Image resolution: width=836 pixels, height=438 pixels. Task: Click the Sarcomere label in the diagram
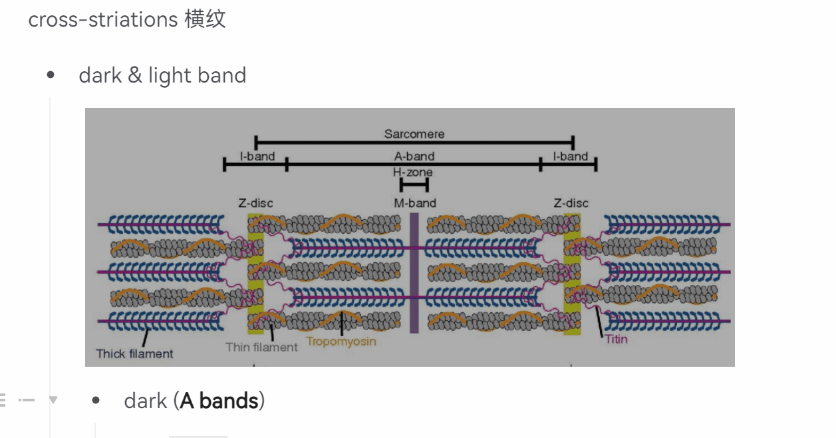coord(414,134)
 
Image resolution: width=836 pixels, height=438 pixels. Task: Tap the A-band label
coord(414,156)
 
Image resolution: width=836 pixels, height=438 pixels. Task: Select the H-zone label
coord(412,172)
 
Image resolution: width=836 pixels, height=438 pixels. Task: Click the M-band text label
coord(415,203)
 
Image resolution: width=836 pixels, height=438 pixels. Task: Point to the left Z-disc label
coord(255,203)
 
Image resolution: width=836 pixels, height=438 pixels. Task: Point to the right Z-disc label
coord(571,203)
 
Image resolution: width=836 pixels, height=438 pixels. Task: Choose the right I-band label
coord(571,156)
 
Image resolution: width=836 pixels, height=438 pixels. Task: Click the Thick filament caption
coord(134,353)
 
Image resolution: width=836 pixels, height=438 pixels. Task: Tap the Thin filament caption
coord(261,347)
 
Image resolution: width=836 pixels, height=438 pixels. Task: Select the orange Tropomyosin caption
coord(341,341)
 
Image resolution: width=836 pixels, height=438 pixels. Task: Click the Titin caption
coord(616,339)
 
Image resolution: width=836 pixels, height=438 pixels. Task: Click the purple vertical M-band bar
coord(414,273)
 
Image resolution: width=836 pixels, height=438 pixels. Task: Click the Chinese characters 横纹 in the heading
coord(206,19)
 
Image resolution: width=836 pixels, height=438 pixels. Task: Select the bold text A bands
coord(219,401)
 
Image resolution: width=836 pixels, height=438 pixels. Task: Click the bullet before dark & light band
coord(51,75)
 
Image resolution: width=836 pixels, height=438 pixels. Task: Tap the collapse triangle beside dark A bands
coord(53,400)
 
